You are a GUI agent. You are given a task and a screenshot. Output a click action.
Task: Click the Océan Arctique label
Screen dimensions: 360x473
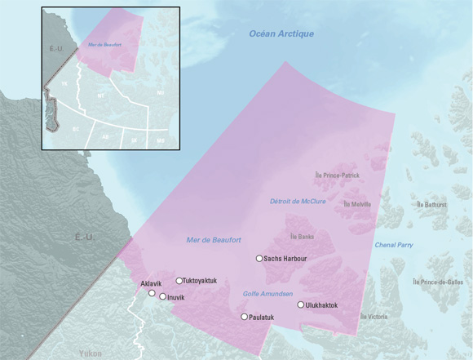(x=281, y=33)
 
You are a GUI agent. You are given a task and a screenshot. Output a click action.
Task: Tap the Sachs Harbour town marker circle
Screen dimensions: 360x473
(x=259, y=259)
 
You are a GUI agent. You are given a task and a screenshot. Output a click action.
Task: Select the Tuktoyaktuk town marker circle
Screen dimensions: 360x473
(x=179, y=281)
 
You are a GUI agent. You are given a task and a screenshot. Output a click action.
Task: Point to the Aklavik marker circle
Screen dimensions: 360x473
(x=152, y=293)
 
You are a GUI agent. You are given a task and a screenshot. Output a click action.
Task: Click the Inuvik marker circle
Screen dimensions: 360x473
(x=163, y=297)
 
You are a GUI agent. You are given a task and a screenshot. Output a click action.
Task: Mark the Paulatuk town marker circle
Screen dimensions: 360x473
(x=244, y=316)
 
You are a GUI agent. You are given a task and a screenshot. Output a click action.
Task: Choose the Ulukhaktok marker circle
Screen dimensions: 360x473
(x=301, y=305)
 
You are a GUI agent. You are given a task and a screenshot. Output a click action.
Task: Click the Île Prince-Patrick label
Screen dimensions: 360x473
(x=337, y=176)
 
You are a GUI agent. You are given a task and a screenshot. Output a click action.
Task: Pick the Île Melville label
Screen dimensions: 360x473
(x=357, y=204)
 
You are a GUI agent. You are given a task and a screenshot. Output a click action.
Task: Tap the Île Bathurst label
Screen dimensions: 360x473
(x=431, y=204)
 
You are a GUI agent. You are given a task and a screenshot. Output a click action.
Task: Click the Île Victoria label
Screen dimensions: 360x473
(x=372, y=316)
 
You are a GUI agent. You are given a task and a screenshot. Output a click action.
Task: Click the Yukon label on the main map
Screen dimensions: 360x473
(x=91, y=353)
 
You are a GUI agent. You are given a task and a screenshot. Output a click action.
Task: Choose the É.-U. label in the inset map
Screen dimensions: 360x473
(x=56, y=49)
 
